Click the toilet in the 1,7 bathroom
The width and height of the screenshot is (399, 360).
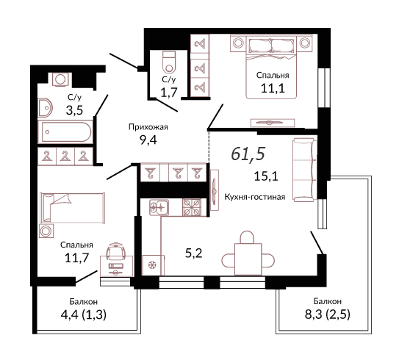pos(169,62)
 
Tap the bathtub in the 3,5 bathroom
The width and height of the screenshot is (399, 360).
pos(65,132)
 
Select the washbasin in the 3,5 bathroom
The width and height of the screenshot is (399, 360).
pos(45,107)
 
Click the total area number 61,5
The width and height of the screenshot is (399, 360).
pos(248,154)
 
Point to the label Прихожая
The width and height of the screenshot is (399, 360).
pos(148,126)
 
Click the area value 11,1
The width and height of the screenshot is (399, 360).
pos(273,88)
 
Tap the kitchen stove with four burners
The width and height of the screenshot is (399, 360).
pos(191,207)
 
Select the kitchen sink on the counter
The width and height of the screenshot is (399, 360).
pos(159,207)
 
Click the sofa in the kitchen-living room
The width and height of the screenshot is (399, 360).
pos(305,170)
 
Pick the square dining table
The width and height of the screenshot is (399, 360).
pos(248,259)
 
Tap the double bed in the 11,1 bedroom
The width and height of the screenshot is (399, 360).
pos(271,67)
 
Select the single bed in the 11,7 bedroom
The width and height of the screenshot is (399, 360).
pos(73,208)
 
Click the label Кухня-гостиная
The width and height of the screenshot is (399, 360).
pos(255,197)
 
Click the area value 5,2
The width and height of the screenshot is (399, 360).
pos(194,253)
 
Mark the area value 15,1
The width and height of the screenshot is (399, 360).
pos(266,176)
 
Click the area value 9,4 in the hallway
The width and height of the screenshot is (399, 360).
pos(148,140)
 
